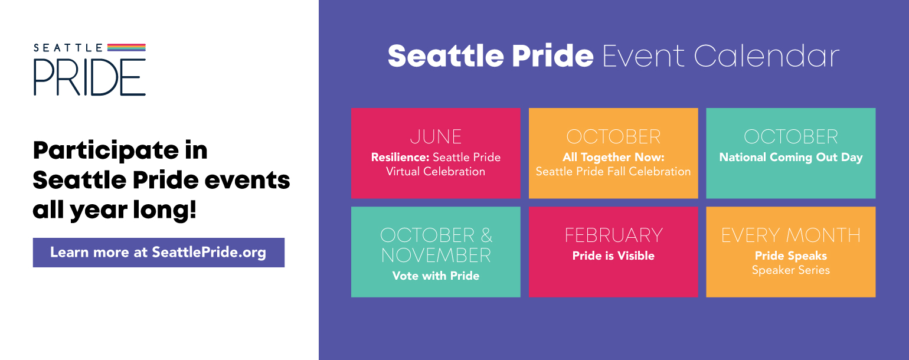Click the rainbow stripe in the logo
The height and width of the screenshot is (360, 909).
point(126,47)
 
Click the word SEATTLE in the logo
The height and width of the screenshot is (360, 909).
point(68,48)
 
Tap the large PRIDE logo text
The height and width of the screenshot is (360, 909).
point(89,77)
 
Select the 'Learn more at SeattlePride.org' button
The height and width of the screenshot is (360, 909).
point(159,253)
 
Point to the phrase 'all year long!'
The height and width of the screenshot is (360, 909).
point(115,211)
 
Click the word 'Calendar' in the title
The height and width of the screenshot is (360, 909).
point(767,56)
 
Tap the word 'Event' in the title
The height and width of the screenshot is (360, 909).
point(643,56)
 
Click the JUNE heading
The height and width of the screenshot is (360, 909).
point(436,137)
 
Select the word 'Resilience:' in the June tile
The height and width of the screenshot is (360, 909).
point(400,157)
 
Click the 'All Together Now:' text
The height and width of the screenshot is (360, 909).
point(613,157)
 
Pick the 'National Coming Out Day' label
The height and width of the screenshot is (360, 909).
point(791,158)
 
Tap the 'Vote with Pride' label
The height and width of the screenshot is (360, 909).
point(436,276)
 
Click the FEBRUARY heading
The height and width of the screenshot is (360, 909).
point(614,235)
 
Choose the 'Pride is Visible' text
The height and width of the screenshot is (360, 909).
point(613,256)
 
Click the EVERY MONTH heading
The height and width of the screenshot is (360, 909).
point(791,235)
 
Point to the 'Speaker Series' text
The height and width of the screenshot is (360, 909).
point(791,270)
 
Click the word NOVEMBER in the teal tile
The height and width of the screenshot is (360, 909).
point(436,256)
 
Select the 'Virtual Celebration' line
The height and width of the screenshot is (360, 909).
point(436,172)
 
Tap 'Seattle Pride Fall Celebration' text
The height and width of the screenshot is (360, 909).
point(613,172)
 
